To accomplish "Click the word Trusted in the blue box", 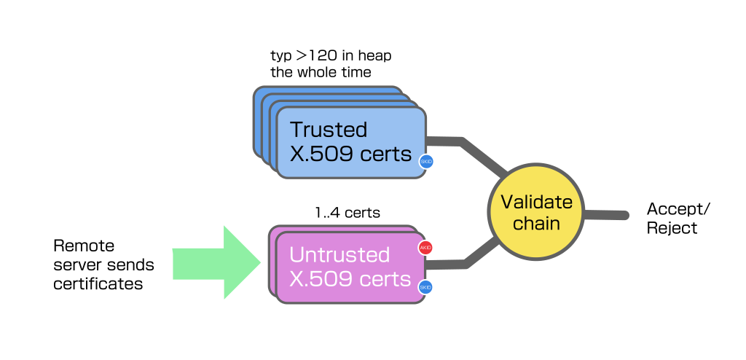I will (329, 130).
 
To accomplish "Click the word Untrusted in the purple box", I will (339, 255).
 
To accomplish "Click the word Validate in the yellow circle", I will (536, 203).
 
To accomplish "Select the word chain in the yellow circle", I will (536, 223).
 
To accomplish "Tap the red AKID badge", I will (425, 248).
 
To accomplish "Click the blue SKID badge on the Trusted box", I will (426, 162).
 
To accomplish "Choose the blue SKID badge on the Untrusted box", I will (425, 287).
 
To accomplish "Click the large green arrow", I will (211, 263).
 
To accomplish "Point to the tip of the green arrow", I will (259, 263).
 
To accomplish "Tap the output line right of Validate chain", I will (605, 215).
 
